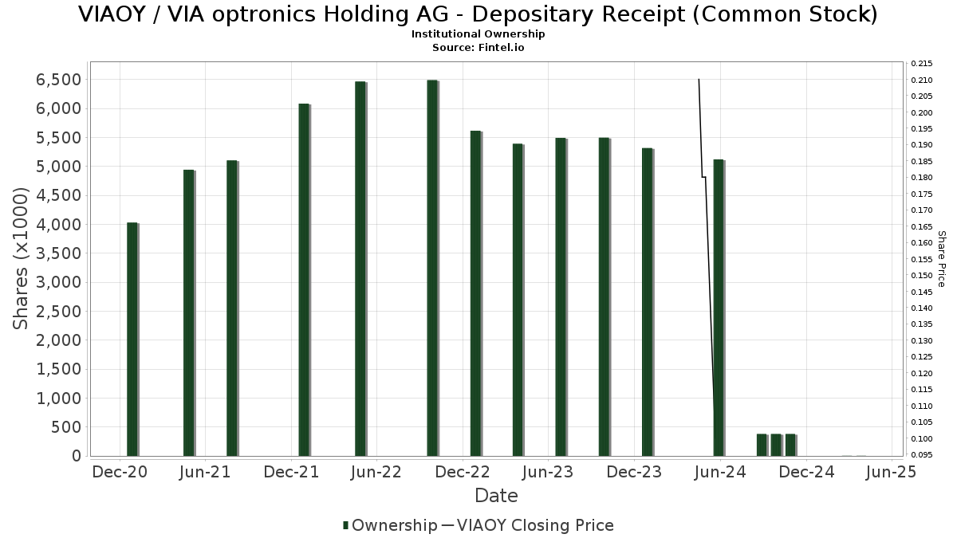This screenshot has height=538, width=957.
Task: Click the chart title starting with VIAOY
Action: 478,14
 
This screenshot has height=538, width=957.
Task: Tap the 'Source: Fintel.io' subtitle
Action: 478,48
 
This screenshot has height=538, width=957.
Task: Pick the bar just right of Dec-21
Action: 304,279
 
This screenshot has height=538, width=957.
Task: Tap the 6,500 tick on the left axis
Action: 55,80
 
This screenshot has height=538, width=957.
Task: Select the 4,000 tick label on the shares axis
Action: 55,225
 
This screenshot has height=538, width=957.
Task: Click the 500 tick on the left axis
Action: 66,427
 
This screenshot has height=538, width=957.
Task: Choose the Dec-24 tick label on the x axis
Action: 806,472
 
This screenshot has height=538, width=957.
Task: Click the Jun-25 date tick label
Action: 892,472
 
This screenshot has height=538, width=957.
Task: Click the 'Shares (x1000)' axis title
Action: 22,258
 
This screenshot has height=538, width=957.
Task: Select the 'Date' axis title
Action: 496,496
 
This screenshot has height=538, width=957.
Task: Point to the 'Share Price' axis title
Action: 942,258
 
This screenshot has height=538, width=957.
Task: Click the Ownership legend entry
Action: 390,525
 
